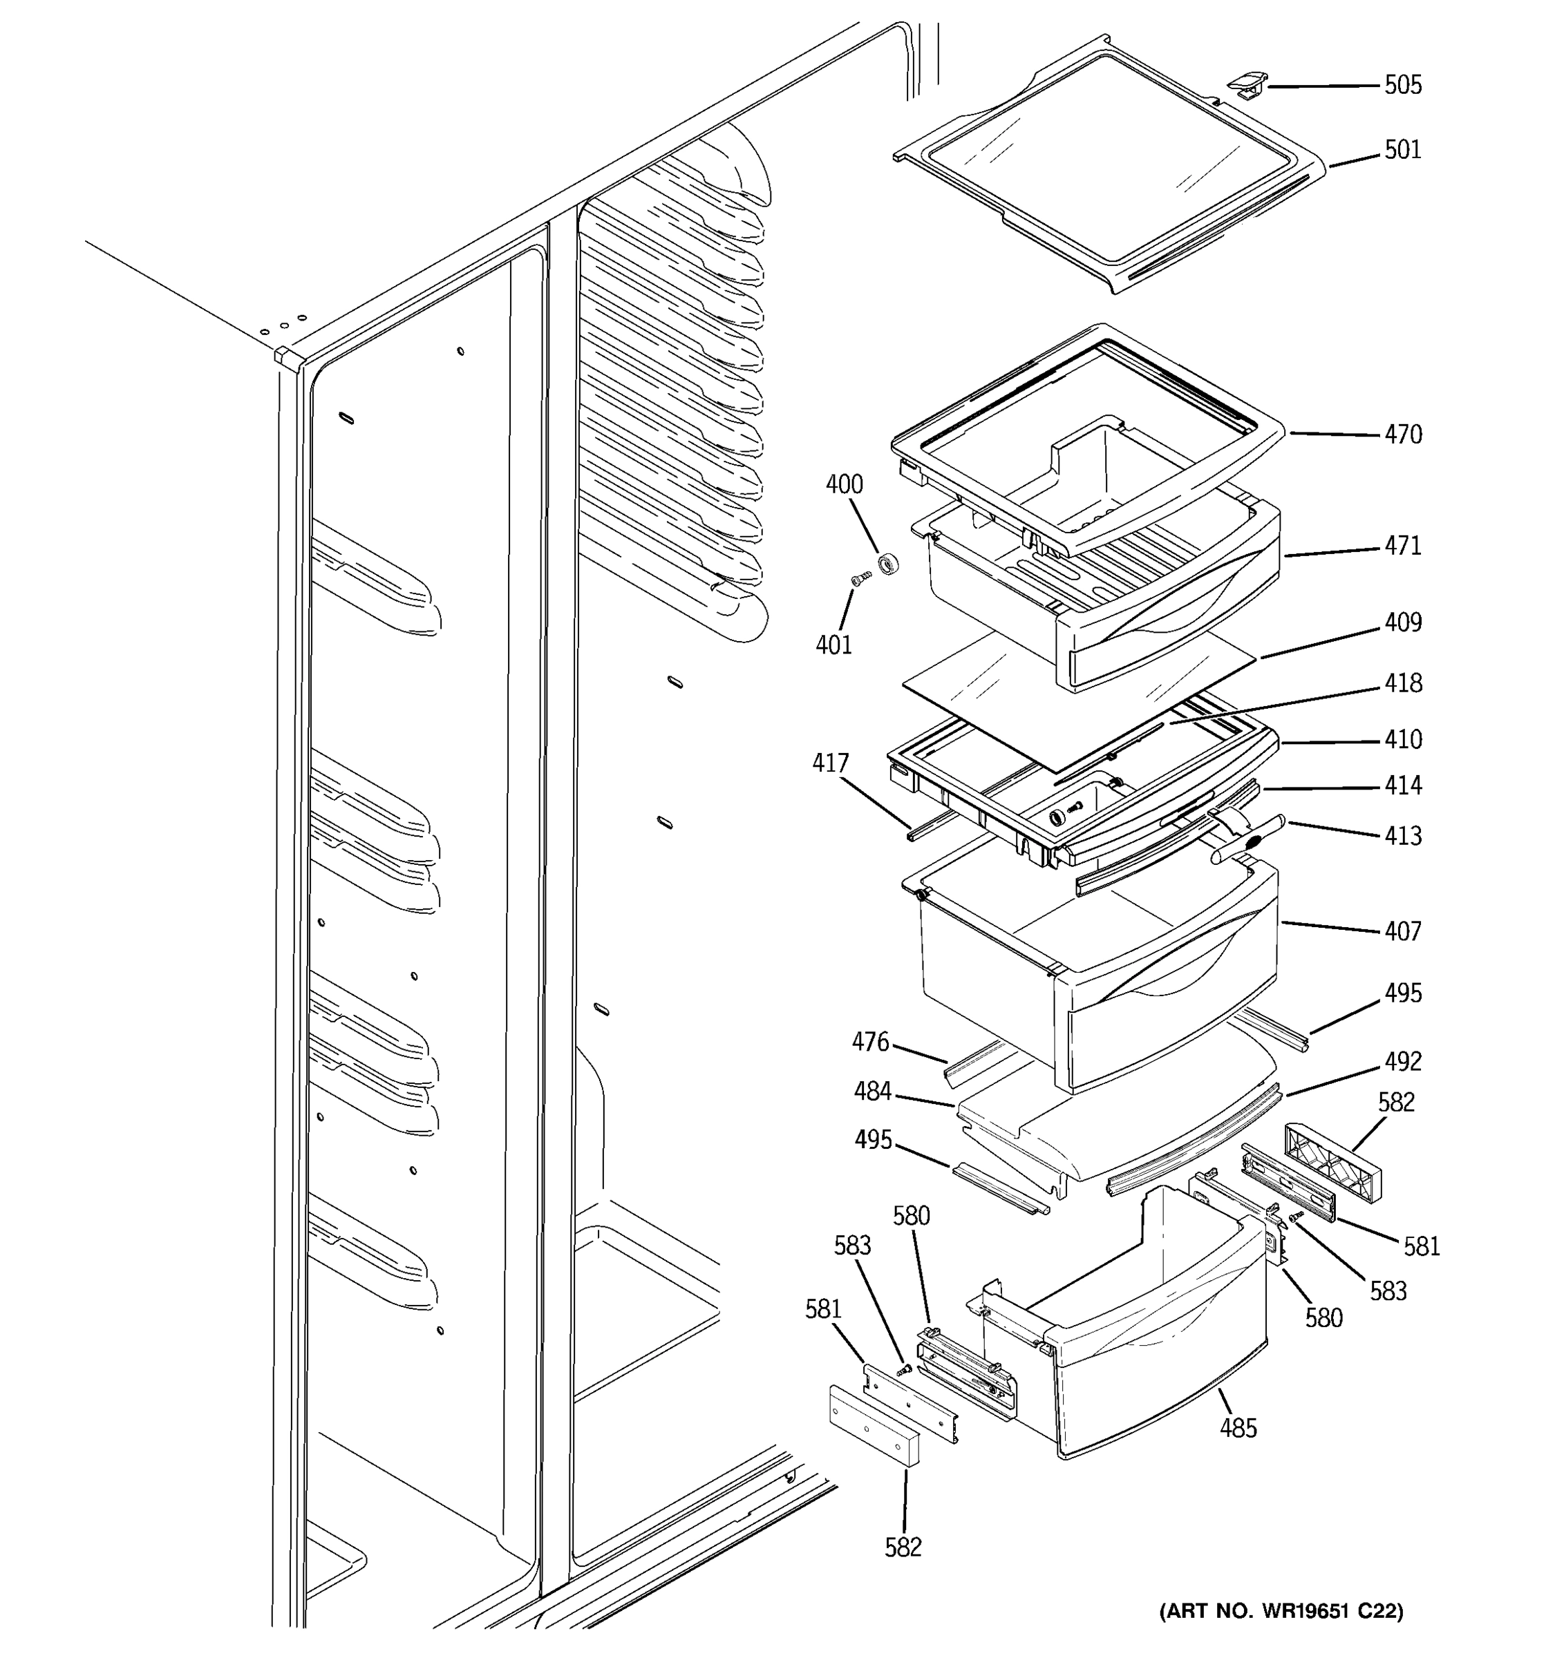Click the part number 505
1403,85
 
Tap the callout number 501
1403,150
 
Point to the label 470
1403,435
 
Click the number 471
1403,546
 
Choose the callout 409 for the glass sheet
1403,622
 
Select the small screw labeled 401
861,578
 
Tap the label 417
830,763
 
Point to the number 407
1403,931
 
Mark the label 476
870,1042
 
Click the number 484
873,1091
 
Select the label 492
1403,1062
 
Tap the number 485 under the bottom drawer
1238,1428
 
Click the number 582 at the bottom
903,1547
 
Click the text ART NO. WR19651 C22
1281,1611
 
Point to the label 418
1403,683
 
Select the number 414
1403,785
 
